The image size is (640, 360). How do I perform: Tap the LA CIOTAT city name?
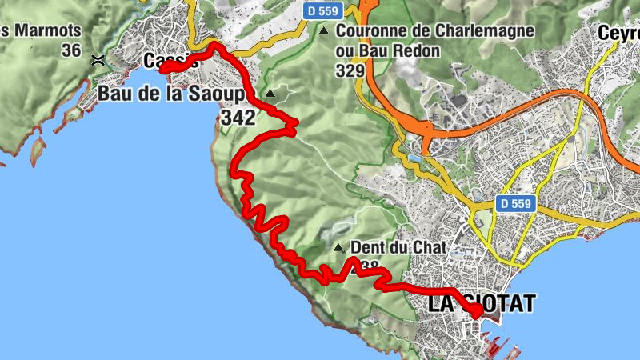(482, 304)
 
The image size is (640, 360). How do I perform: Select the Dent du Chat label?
(398, 249)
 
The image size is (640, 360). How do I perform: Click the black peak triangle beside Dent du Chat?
(338, 248)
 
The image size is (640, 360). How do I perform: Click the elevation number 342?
(236, 118)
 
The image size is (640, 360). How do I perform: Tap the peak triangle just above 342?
(270, 94)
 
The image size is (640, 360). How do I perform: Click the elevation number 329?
(350, 70)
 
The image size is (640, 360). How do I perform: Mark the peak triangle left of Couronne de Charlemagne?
(324, 32)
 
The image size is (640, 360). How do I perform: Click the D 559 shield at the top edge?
(325, 11)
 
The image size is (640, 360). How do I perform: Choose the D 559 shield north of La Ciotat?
(513, 203)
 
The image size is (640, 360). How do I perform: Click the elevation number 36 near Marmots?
(71, 50)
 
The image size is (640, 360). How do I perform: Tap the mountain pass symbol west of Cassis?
(98, 59)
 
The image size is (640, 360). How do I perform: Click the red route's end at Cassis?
(162, 70)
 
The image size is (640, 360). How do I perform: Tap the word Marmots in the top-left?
(46, 31)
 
